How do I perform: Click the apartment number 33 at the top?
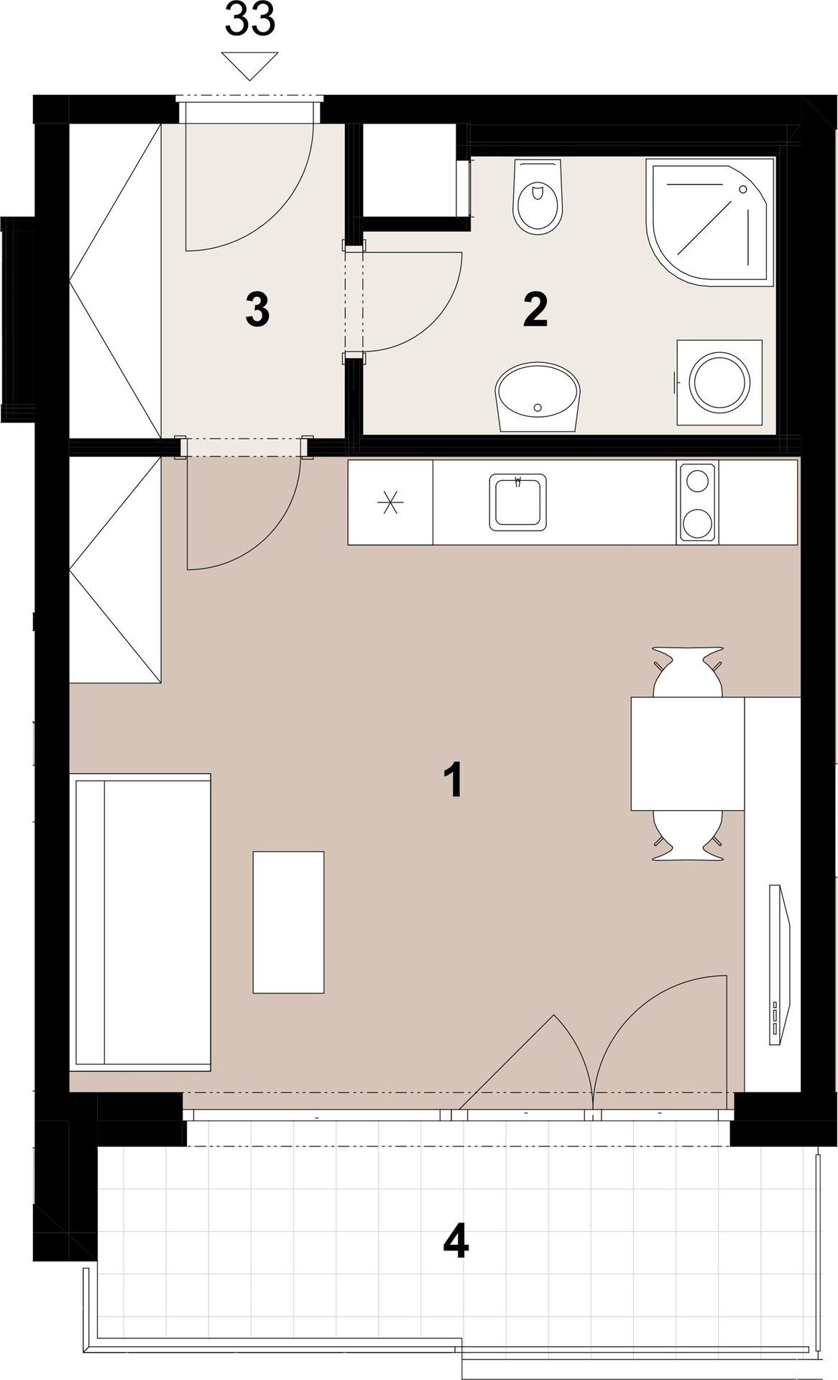point(250,20)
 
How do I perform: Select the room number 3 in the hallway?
point(257,312)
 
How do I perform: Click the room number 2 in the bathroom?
point(535,310)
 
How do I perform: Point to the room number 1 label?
point(452,781)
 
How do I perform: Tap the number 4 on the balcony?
point(456,1242)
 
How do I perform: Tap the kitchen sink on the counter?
point(517,501)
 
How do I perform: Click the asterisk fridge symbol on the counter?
point(390,502)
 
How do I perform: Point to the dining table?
point(687,753)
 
